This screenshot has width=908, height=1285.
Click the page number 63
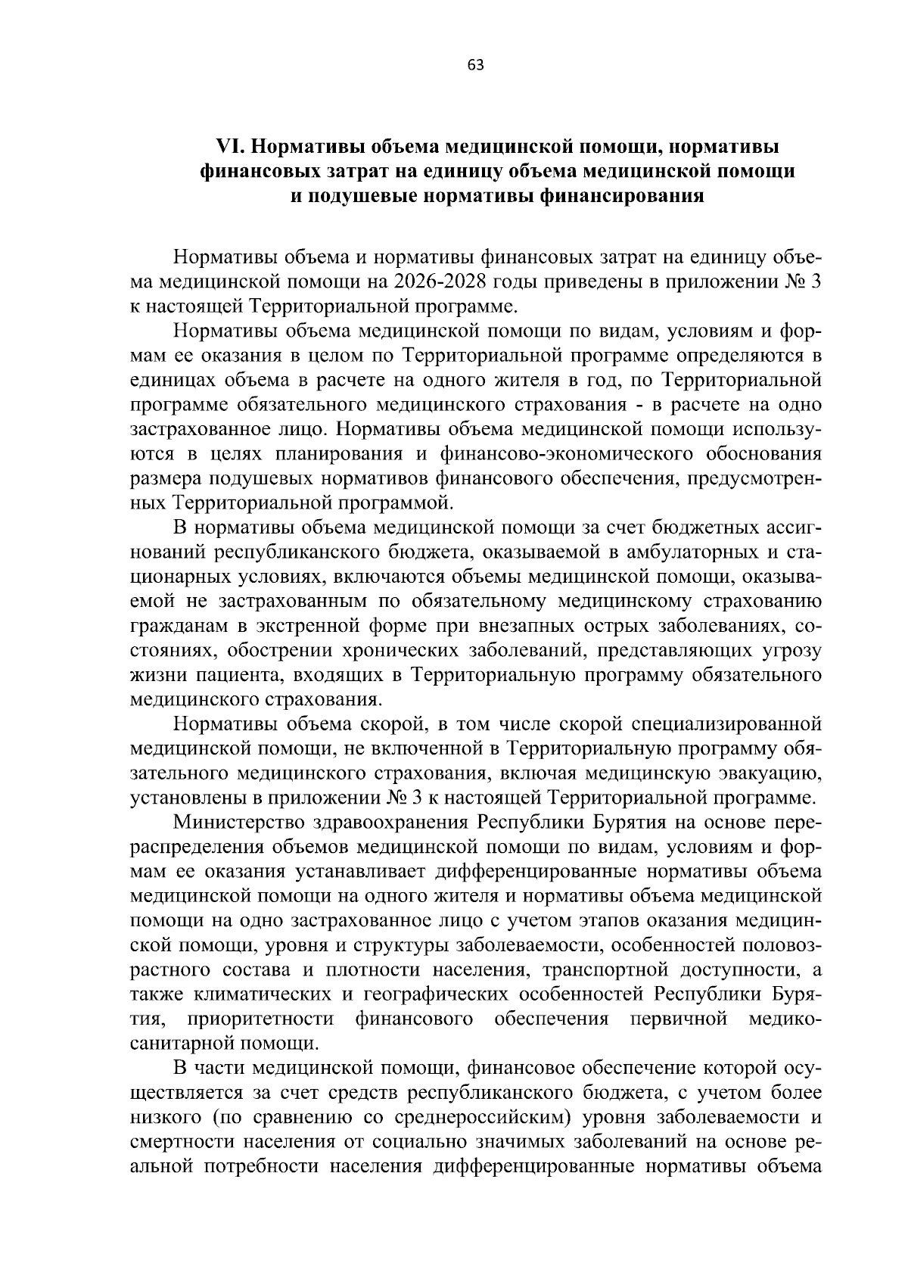tap(476, 65)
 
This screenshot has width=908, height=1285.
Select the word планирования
tap(341, 453)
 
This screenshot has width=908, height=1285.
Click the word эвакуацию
tap(770, 773)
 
